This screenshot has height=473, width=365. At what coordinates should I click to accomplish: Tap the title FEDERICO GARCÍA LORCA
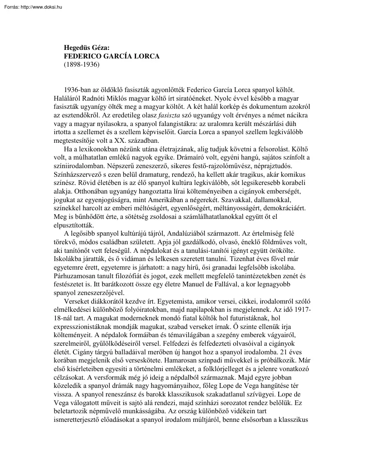(112, 56)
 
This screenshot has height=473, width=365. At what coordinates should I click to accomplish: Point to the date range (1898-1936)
(81, 64)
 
